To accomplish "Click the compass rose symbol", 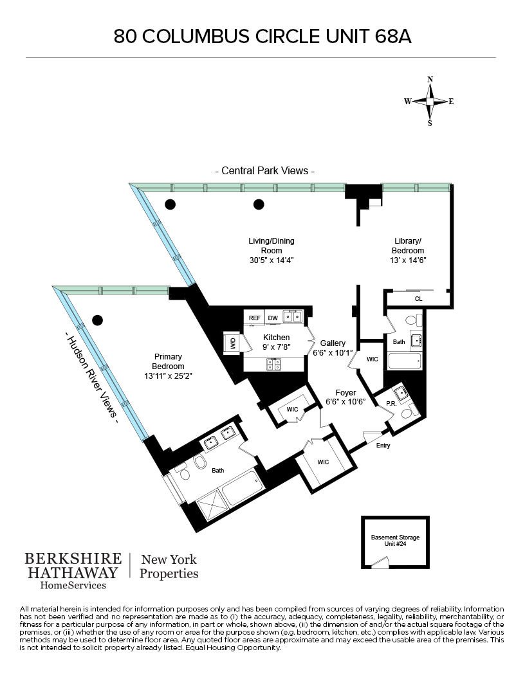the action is (x=430, y=102).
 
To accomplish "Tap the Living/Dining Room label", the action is (x=272, y=246).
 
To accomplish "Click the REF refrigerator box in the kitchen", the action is (x=255, y=318).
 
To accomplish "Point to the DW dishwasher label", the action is (x=272, y=318).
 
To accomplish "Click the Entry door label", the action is (x=382, y=445).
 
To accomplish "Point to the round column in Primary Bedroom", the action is (x=97, y=320).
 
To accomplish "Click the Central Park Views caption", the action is (x=265, y=172).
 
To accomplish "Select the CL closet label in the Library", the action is (x=418, y=299).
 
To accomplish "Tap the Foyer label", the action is (x=346, y=392).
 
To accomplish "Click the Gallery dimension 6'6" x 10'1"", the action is (x=329, y=352).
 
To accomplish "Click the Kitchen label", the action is (x=277, y=338).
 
